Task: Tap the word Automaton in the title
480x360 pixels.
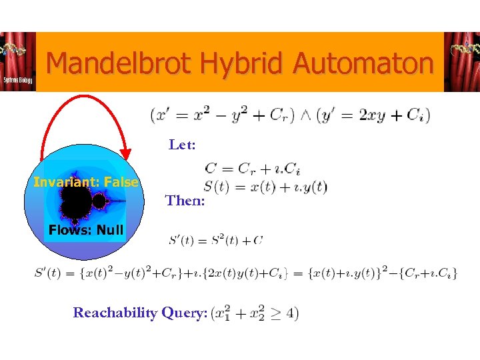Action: (x=363, y=64)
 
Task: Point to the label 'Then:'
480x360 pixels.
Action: (x=185, y=200)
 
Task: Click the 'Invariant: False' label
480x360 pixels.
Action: (x=86, y=182)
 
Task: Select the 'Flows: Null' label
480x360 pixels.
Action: (x=85, y=231)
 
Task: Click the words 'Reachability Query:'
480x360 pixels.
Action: (x=140, y=313)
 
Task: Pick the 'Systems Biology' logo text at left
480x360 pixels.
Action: (x=15, y=79)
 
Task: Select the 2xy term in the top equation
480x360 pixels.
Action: (x=370, y=115)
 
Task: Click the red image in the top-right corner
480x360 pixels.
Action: (x=461, y=61)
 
